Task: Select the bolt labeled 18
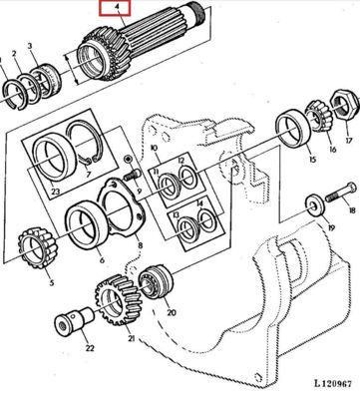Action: click(x=340, y=193)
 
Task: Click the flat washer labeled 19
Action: click(x=314, y=206)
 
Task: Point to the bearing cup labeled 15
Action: click(x=293, y=129)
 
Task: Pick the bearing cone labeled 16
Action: click(x=318, y=116)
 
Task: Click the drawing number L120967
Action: click(x=333, y=383)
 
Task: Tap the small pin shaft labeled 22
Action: click(x=74, y=320)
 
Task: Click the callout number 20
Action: click(x=172, y=312)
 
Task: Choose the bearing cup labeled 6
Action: click(x=87, y=223)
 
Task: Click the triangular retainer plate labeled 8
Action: click(x=122, y=207)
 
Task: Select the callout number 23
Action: click(x=55, y=192)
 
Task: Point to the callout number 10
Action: click(x=154, y=148)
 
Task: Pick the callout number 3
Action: click(x=30, y=46)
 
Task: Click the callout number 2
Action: click(x=14, y=54)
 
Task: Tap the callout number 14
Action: click(x=199, y=203)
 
